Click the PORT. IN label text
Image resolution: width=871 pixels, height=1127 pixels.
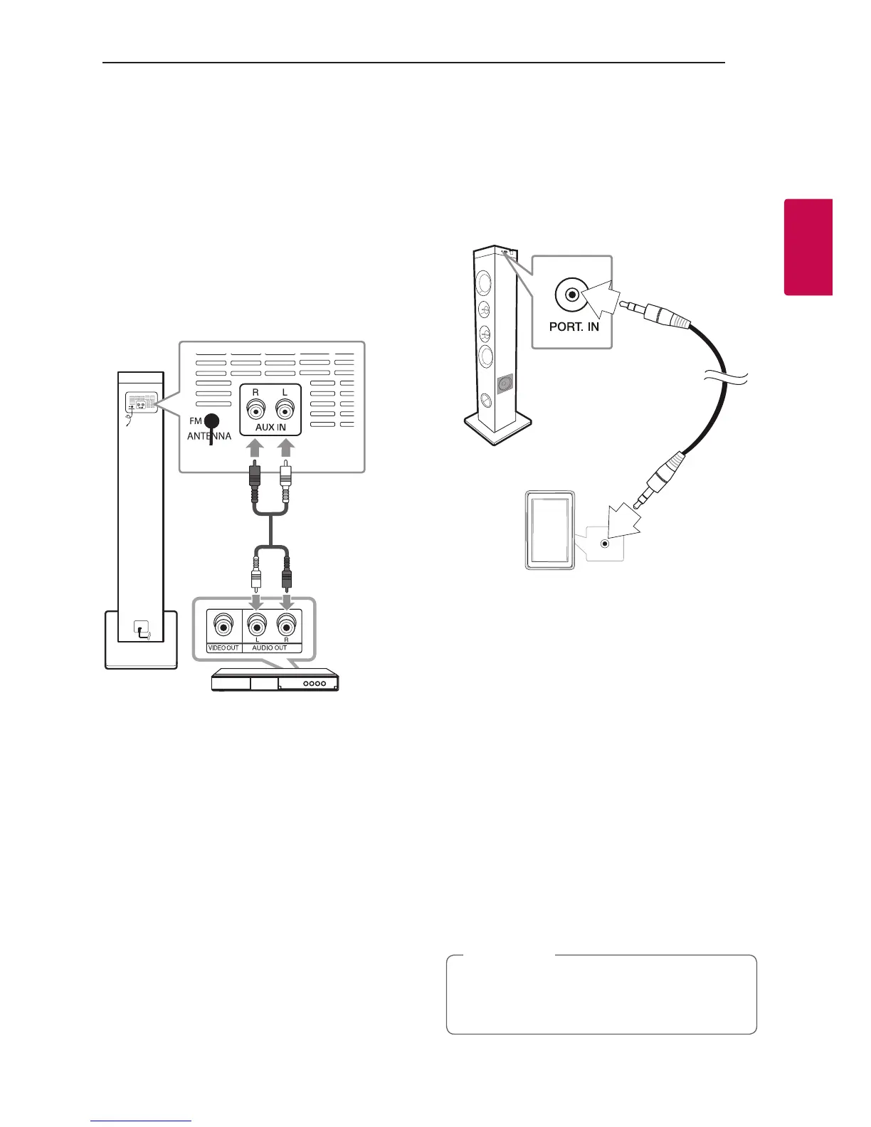(574, 327)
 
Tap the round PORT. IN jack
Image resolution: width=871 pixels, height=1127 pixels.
(569, 296)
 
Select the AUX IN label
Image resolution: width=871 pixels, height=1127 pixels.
(270, 427)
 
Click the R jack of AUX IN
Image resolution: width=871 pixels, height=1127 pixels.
(255, 409)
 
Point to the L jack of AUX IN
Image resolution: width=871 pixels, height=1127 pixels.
(285, 409)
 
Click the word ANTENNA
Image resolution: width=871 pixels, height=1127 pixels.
(209, 436)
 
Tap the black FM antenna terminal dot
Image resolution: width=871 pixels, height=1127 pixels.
(211, 421)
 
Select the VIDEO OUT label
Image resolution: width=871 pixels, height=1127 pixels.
(223, 647)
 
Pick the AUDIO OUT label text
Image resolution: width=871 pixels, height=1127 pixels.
(270, 647)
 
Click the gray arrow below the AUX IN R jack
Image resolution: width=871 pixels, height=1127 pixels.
(255, 450)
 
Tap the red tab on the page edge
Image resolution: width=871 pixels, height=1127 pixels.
(808, 247)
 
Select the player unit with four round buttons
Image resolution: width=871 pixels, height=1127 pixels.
(275, 681)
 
